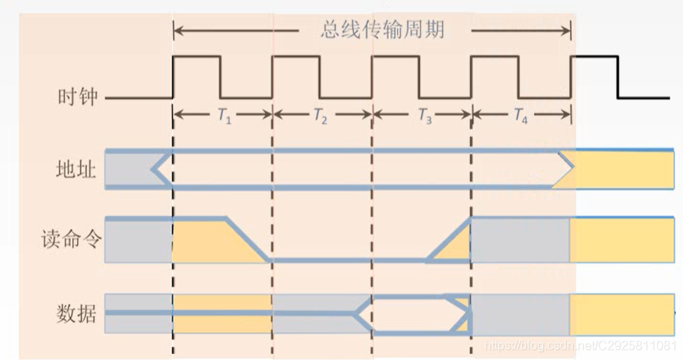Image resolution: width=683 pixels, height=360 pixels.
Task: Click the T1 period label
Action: tap(224, 116)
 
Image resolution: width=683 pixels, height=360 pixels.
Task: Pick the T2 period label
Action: tap(320, 116)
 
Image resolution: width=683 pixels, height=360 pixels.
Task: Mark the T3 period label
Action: tap(424, 116)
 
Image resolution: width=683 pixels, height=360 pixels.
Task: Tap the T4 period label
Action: tap(521, 116)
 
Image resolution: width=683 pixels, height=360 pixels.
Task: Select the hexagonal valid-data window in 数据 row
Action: tap(413, 314)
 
